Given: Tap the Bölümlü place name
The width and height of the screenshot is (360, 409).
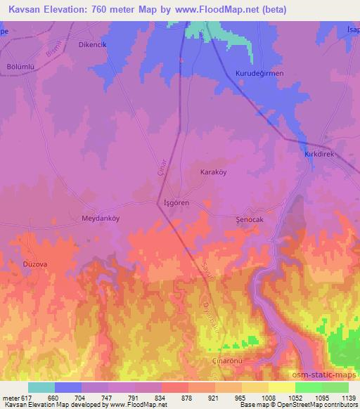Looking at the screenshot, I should point(21,75).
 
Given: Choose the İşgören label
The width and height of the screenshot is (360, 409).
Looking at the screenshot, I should point(176,202).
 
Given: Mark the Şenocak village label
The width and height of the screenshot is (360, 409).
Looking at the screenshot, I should point(249,219).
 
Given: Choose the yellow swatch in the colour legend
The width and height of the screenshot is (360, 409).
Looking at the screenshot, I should point(282,387).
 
